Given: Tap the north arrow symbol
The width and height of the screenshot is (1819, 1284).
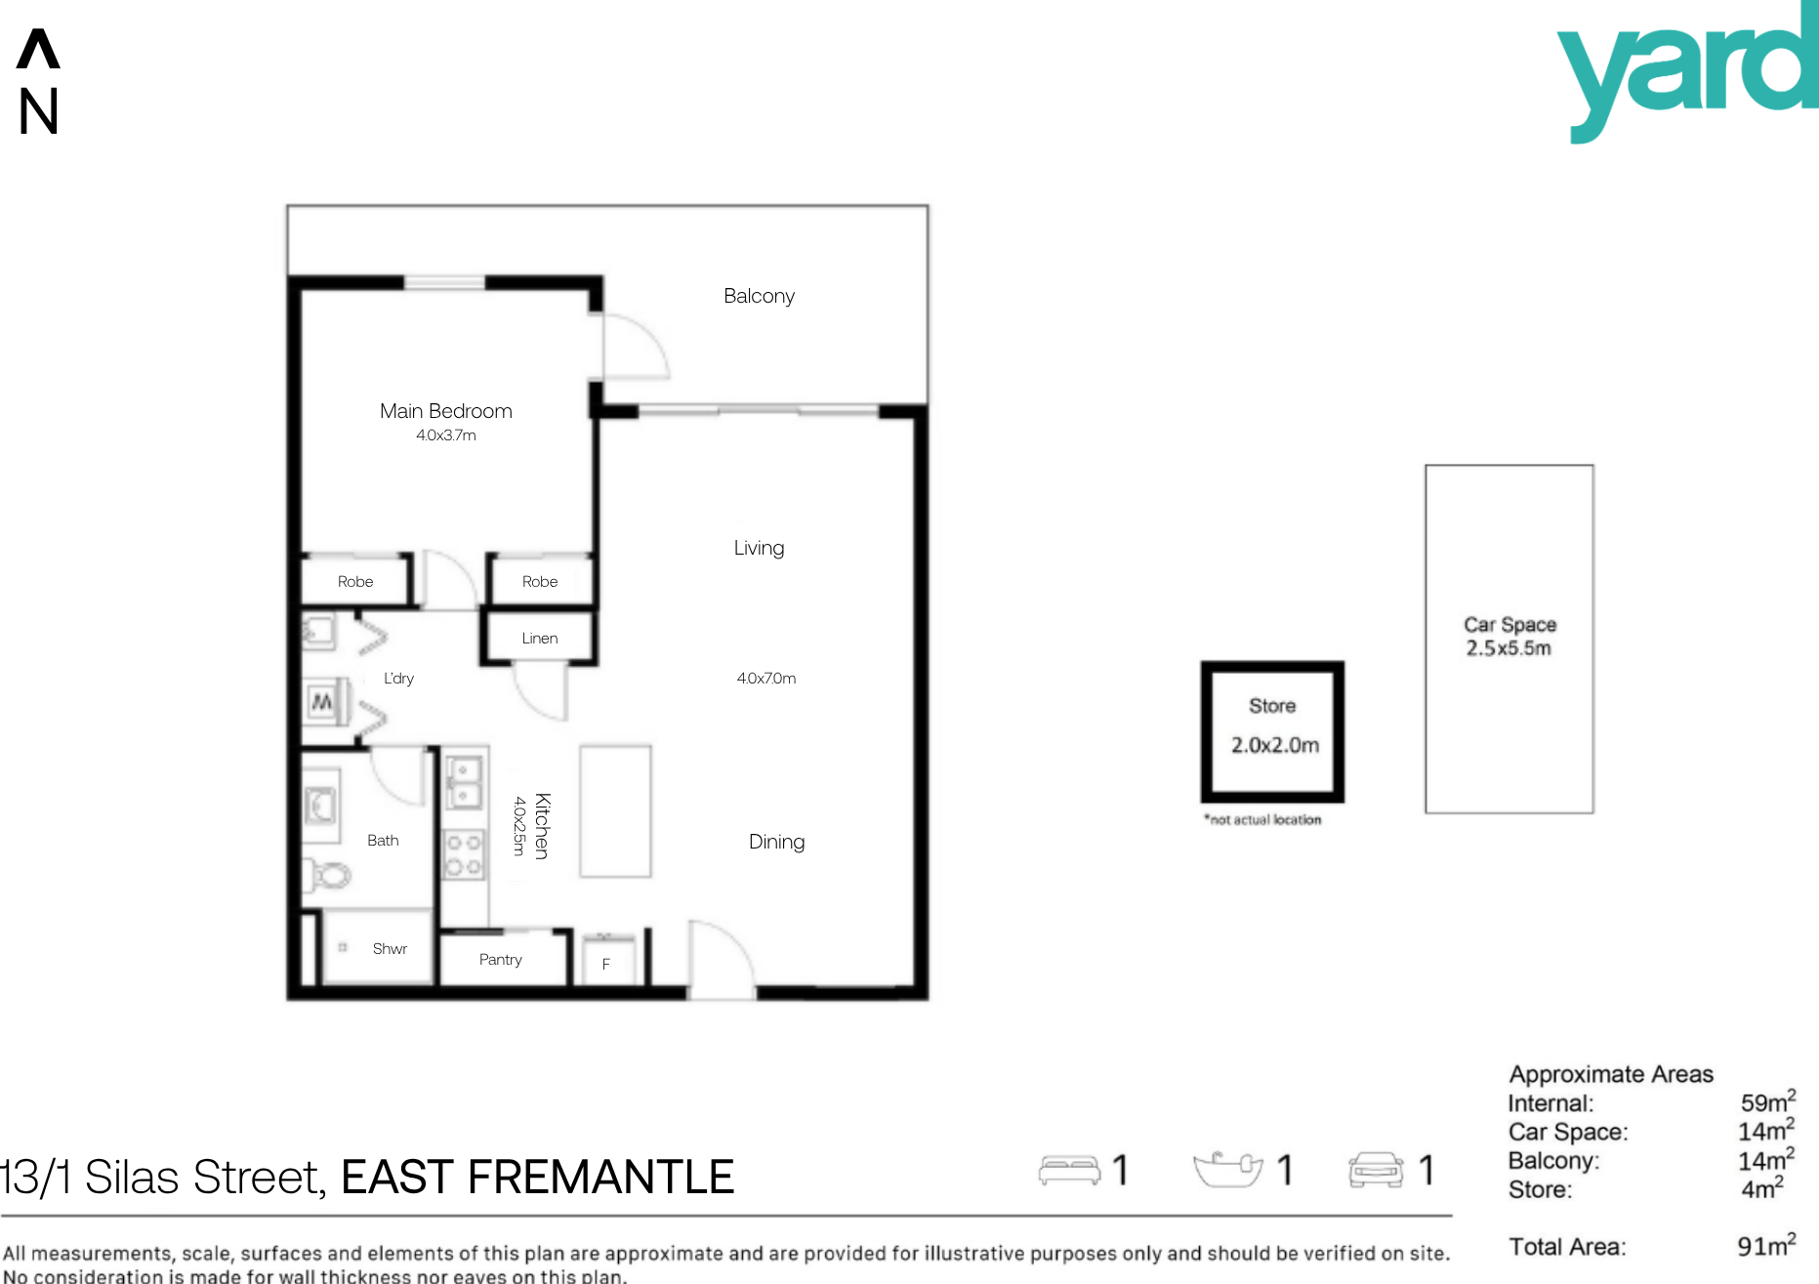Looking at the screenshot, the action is coord(38,49).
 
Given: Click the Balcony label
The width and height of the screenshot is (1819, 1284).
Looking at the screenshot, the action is coord(759,296).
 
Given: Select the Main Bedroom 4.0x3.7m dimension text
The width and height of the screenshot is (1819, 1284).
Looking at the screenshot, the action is coord(446,435).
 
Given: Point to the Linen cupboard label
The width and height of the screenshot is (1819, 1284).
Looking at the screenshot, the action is coord(540,638).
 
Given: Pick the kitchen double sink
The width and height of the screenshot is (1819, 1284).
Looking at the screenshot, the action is coord(464,784).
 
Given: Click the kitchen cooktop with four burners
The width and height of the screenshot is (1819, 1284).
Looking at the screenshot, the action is coord(464,854).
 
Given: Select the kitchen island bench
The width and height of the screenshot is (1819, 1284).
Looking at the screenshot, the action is coord(615,811).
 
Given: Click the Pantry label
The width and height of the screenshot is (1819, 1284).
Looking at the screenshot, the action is coord(501,960).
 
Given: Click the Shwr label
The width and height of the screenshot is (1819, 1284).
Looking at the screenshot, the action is coord(390,949).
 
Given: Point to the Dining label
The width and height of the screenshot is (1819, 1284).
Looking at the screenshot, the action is coord(777,842).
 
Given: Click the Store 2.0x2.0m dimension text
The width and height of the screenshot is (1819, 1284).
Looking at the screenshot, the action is coord(1275,745).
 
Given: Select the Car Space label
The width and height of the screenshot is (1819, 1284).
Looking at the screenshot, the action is coord(1509,625).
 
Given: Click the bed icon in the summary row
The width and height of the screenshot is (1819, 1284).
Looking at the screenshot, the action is coord(1069,1170).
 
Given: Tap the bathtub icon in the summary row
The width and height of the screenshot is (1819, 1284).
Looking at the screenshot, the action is coord(1228,1170).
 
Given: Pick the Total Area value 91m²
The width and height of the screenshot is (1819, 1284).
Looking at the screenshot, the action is coord(1766,1245).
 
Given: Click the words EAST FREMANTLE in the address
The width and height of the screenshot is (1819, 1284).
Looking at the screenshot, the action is coord(537,1178).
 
